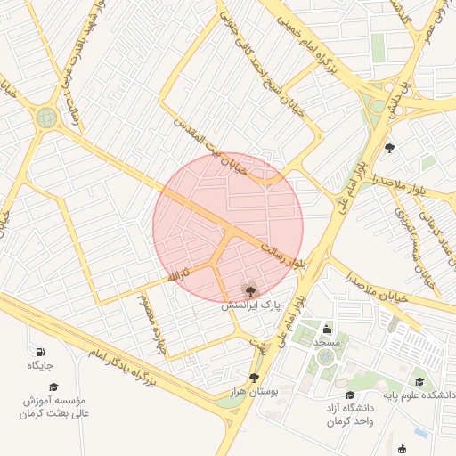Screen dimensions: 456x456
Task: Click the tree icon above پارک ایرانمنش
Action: coord(250,289)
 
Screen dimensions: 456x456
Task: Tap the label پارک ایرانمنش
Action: coord(250,305)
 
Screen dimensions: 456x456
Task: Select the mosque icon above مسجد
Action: coord(326,330)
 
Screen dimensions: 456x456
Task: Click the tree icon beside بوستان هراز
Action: coord(254,378)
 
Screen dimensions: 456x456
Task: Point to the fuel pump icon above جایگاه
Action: coord(40,350)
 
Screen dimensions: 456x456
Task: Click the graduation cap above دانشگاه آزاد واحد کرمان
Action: coord(349,395)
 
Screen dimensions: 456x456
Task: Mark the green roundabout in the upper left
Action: coord(46,117)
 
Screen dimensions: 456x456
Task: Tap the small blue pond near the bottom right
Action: coord(419,433)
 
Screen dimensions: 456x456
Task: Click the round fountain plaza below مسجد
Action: coord(326,357)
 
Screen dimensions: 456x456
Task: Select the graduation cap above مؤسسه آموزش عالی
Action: coord(53,387)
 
